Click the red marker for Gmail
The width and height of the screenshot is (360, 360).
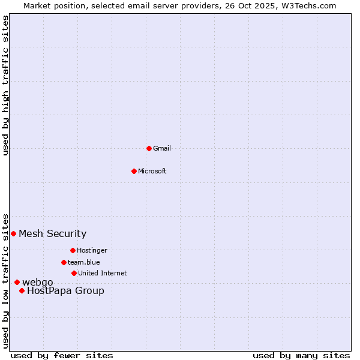coord(149,148)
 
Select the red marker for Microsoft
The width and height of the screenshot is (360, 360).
coord(134,171)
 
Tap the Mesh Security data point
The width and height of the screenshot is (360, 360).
coord(13,233)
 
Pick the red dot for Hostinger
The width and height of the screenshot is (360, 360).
coord(73,250)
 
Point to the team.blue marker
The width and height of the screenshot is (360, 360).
coord(64,262)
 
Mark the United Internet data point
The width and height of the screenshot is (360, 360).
coord(74,273)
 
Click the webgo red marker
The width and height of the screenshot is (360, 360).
coord(17,282)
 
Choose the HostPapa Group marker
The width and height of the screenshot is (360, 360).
coord(22,290)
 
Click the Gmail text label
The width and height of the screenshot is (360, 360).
coord(162,148)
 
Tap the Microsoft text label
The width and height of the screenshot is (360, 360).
coord(152,171)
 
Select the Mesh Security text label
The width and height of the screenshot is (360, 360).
coord(53,233)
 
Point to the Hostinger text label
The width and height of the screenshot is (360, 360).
coord(92,250)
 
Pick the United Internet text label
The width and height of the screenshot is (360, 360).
coord(103,273)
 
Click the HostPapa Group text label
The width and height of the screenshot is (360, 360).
coord(65,291)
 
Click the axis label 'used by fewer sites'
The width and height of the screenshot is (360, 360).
coord(62,355)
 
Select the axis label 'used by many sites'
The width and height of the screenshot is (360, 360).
coord(301,355)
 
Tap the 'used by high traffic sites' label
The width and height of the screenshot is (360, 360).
coord(5,85)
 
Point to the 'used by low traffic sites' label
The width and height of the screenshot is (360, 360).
coord(5,280)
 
